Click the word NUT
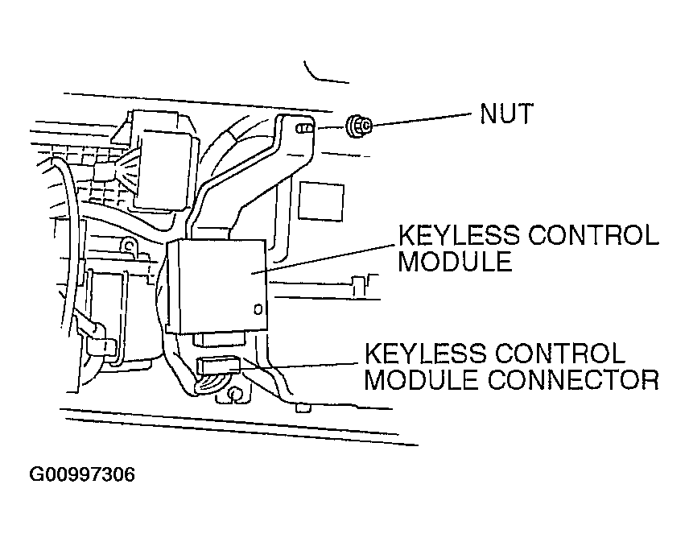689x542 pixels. (x=506, y=114)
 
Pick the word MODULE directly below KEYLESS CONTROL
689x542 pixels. (x=455, y=262)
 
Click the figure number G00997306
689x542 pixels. (x=82, y=474)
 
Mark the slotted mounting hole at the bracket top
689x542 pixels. (x=304, y=128)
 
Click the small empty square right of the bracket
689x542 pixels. (x=322, y=198)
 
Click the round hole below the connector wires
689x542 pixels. (x=236, y=394)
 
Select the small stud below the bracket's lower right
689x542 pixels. (x=303, y=408)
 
